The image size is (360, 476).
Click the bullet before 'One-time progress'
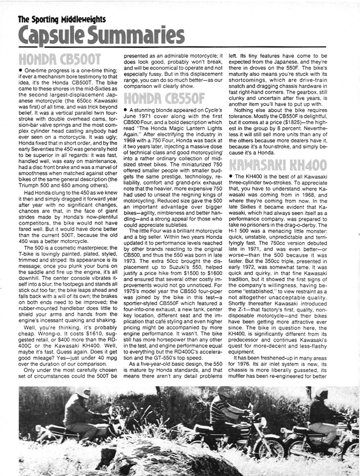(20, 71)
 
